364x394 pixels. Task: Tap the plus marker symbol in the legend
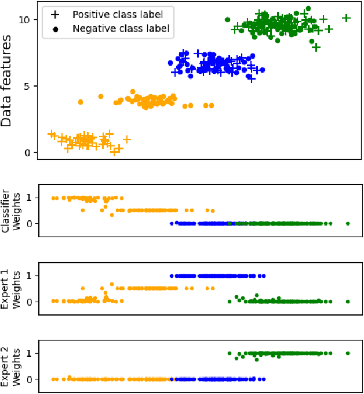pyautogui.click(x=57, y=14)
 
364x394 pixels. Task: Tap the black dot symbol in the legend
pyautogui.click(x=57, y=28)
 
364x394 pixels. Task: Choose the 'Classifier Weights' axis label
pyautogui.click(x=11, y=210)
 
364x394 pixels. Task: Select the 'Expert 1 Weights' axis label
pyautogui.click(x=11, y=289)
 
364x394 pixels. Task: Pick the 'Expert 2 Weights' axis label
pyautogui.click(x=11, y=366)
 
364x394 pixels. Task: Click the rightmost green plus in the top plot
pyautogui.click(x=346, y=18)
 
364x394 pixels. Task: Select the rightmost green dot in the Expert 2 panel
pyautogui.click(x=347, y=353)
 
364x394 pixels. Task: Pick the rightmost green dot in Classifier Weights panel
pyautogui.click(x=347, y=223)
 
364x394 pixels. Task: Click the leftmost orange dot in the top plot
pyautogui.click(x=81, y=102)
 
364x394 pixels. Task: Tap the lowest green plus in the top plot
pyautogui.click(x=316, y=47)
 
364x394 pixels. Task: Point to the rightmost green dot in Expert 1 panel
pyautogui.click(x=347, y=302)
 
